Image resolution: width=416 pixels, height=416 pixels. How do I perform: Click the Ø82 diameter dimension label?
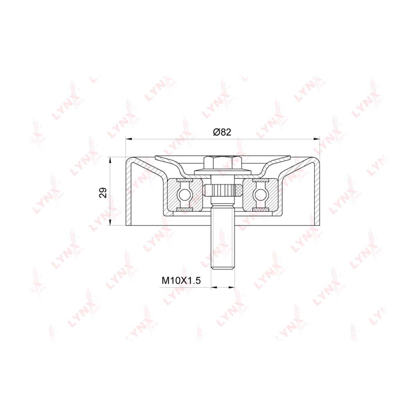tap(222, 132)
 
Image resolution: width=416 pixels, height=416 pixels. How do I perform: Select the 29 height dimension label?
tap(103, 193)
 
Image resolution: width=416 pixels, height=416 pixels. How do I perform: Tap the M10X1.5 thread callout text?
tap(181, 280)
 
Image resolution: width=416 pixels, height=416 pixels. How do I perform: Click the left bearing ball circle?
tap(184, 195)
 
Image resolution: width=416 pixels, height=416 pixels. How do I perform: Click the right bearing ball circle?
tap(260, 195)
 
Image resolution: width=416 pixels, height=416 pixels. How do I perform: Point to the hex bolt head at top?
tap(223, 163)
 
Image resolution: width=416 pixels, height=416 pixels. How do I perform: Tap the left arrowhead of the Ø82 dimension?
tap(129, 139)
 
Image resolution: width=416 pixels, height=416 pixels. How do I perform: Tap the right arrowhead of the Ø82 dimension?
tap(317, 139)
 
